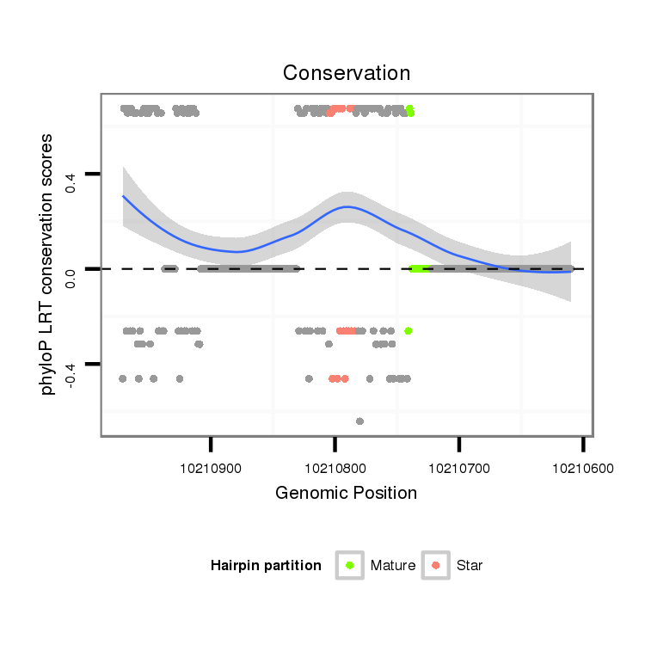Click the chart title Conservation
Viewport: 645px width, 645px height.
click(347, 73)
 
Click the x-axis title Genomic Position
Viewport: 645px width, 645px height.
click(346, 493)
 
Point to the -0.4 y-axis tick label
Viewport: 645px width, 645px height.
click(71, 373)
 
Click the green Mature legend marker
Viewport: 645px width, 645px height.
click(349, 565)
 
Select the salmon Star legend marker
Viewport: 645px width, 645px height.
click(436, 565)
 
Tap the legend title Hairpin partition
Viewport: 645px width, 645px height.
click(266, 566)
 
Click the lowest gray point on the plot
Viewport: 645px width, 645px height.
click(359, 421)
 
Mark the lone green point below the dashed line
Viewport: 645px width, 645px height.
click(408, 330)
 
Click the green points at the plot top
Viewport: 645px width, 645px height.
click(410, 110)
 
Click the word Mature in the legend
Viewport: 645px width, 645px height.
click(393, 566)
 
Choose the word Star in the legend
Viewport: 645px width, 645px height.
click(470, 566)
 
